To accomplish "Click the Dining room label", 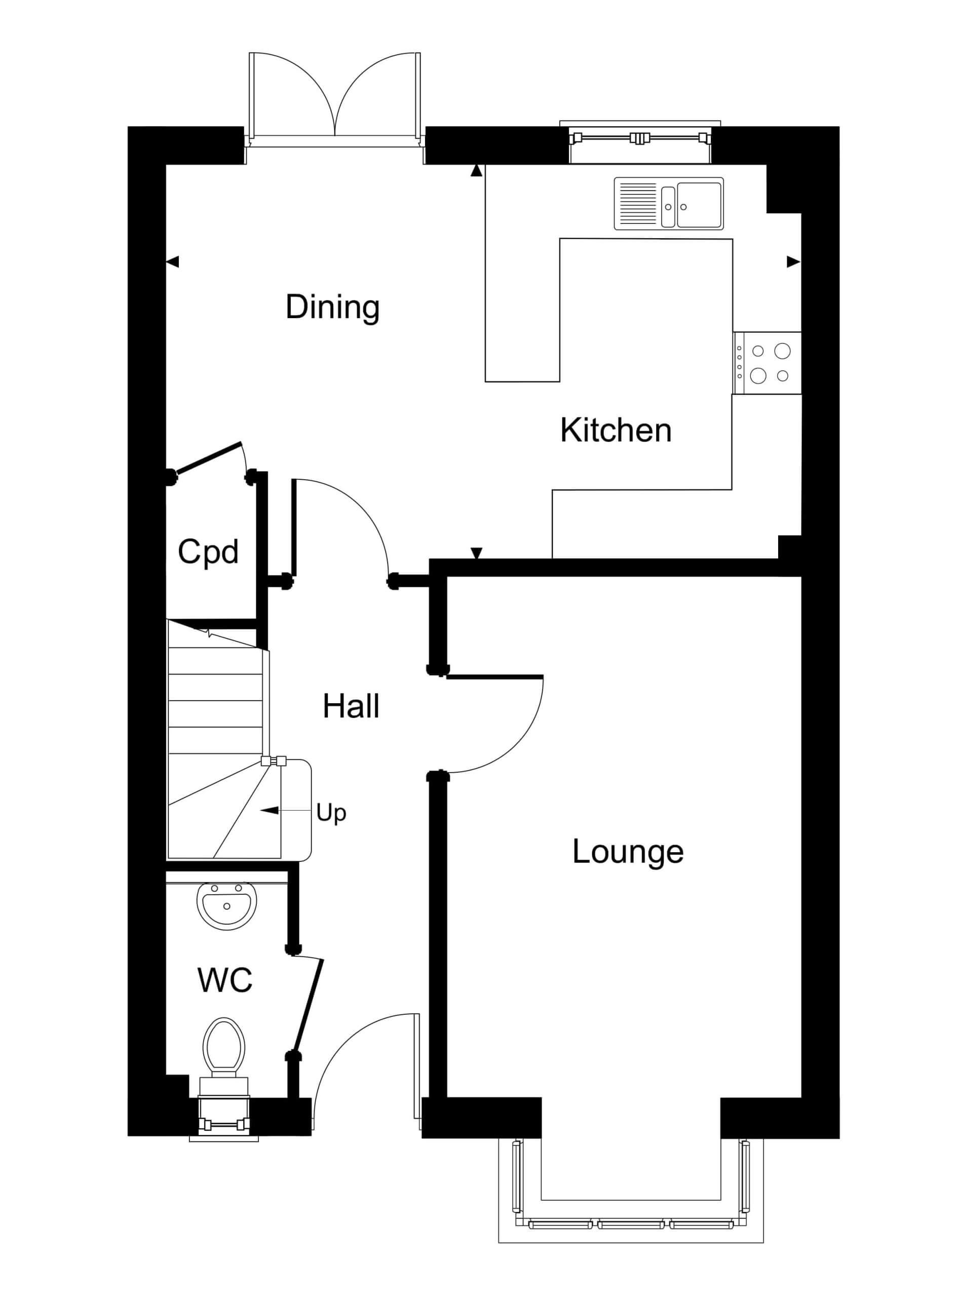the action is pyautogui.click(x=332, y=307).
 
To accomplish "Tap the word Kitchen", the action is pyautogui.click(x=616, y=431).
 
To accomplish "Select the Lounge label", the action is pyautogui.click(x=628, y=852).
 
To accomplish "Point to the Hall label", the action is pyautogui.click(x=351, y=706).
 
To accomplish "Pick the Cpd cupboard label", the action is pyautogui.click(x=208, y=551).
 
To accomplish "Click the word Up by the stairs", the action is pyautogui.click(x=331, y=814).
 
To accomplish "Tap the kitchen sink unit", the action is pyautogui.click(x=669, y=203).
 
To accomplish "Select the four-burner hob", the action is pyautogui.click(x=767, y=363).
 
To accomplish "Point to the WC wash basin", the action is pyautogui.click(x=226, y=905).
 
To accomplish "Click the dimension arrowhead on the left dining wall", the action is pyautogui.click(x=173, y=262).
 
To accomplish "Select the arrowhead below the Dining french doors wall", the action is pyautogui.click(x=476, y=170).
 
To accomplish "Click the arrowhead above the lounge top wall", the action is pyautogui.click(x=476, y=553).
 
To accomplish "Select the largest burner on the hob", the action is pyautogui.click(x=783, y=351).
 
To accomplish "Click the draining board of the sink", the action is pyautogui.click(x=638, y=204).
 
